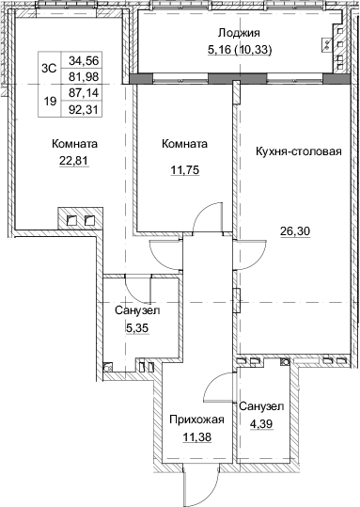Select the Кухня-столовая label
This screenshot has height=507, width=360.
pos(299,151)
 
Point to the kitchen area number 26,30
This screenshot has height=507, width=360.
pos(295,231)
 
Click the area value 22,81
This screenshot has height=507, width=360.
pos(74,160)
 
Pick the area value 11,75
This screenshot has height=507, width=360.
pos(185,169)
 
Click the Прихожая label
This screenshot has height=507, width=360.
pos(196,420)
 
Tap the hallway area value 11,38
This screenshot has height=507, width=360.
pos(196,437)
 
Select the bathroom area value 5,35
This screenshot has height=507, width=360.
pos(137,328)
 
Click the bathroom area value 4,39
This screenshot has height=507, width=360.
pos(261,423)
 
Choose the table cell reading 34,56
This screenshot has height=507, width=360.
pos(84,60)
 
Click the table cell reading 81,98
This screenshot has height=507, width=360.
pos(84,76)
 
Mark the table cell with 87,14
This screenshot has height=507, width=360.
pos(84,93)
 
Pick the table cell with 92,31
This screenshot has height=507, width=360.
pos(84,109)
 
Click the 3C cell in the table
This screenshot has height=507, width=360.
pos(50,69)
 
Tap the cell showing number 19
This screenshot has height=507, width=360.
pos(50,102)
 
